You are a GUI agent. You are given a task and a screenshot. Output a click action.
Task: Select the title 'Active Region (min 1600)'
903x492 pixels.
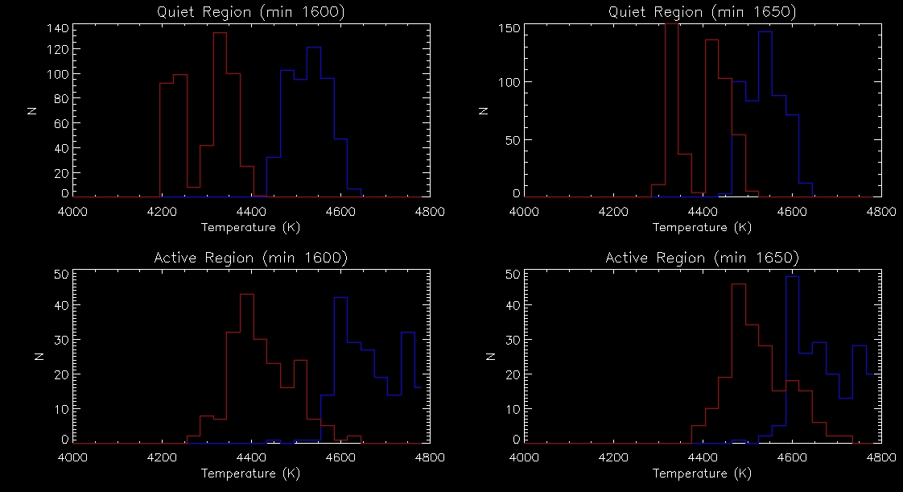pyautogui.click(x=251, y=258)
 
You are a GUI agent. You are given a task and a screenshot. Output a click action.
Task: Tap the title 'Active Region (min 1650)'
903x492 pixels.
pyautogui.click(x=702, y=258)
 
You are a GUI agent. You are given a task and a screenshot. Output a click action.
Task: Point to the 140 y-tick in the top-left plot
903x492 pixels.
pyautogui.click(x=59, y=28)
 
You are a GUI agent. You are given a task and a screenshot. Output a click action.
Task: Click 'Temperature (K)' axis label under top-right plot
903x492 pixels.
pyautogui.click(x=702, y=227)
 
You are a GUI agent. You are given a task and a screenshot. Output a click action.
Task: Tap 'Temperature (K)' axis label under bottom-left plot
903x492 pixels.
pyautogui.click(x=251, y=473)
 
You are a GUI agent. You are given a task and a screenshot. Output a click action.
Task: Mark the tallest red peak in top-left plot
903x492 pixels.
pyautogui.click(x=220, y=33)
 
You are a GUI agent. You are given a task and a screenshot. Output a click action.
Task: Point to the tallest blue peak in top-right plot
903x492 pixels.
pyautogui.click(x=765, y=32)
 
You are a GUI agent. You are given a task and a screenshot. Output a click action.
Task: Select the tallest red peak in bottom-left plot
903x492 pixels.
pyautogui.click(x=247, y=295)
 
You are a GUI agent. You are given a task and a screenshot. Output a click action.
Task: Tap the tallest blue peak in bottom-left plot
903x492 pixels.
pyautogui.click(x=340, y=298)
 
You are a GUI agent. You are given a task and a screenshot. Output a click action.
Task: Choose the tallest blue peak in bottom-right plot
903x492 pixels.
pyautogui.click(x=792, y=277)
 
